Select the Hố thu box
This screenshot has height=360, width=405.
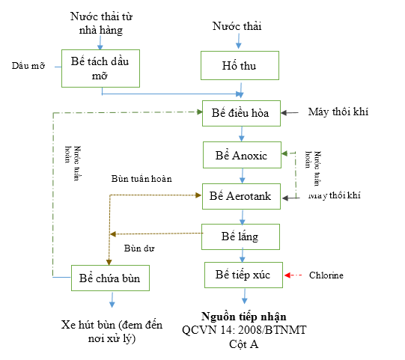240,66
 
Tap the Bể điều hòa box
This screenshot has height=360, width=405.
241,114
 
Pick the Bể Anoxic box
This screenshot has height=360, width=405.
241,155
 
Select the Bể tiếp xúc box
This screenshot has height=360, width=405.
243,275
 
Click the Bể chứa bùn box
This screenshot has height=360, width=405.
110,279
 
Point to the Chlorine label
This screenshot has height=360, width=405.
326,275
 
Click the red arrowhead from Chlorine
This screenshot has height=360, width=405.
287,275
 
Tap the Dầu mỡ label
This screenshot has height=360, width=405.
28,65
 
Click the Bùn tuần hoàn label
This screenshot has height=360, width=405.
141,179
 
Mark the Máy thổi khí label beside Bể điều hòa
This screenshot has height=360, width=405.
338,112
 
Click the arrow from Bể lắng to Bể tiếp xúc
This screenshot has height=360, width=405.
241,255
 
